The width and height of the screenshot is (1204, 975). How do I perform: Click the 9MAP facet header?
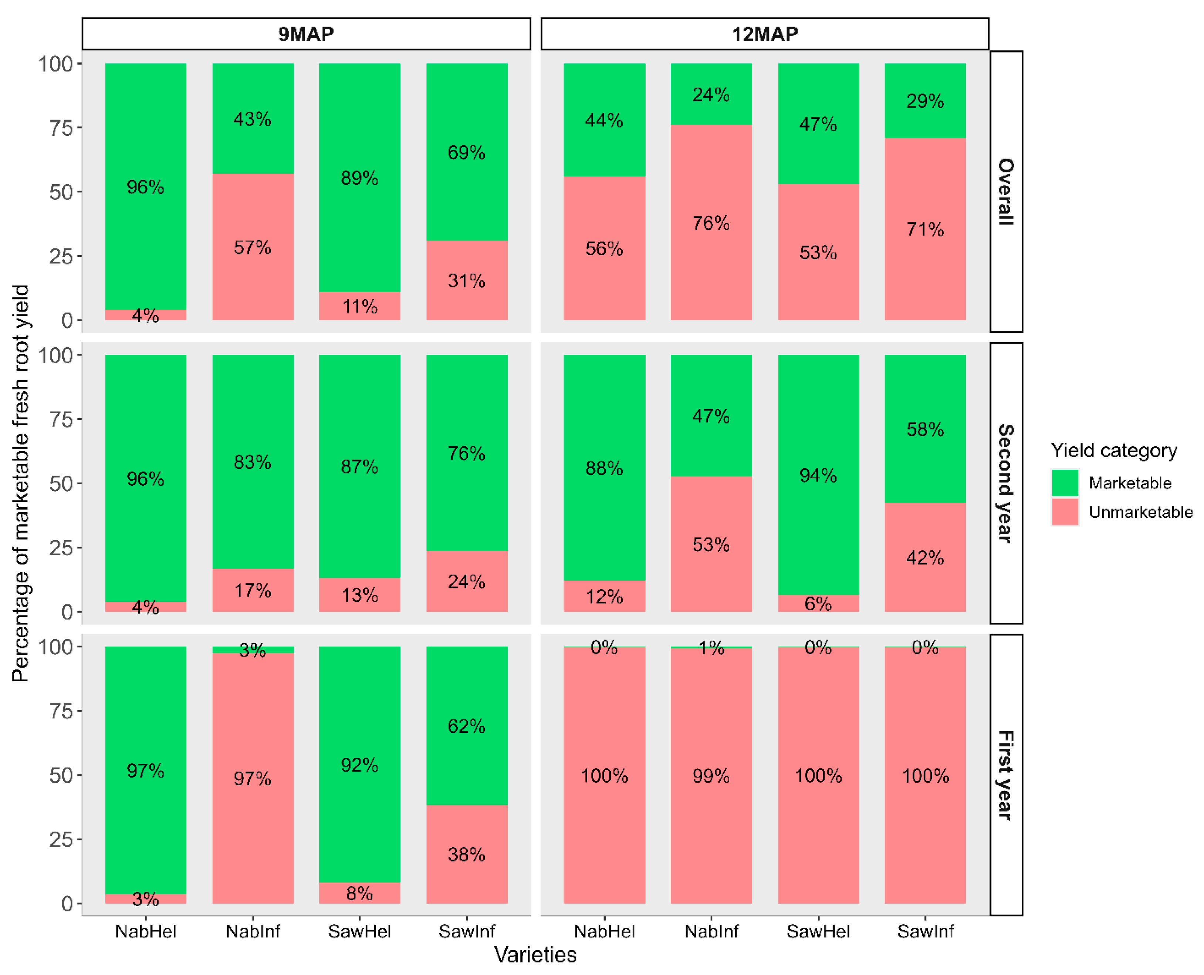click(306, 34)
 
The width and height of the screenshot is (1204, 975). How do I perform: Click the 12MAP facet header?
click(764, 34)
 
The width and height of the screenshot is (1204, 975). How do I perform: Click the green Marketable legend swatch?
click(1065, 482)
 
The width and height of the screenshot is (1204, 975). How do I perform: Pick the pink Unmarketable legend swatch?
click(1065, 512)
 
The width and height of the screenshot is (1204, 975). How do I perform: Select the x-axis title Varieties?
click(535, 954)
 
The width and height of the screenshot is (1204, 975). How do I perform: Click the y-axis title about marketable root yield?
click(20, 483)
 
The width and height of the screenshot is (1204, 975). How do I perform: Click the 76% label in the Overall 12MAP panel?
click(711, 223)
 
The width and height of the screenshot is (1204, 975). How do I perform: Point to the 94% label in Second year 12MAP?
click(818, 476)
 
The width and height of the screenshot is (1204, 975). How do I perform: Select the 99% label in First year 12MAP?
click(711, 776)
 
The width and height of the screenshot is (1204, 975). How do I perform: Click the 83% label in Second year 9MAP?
click(253, 462)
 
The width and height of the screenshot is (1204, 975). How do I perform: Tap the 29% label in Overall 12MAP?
click(925, 101)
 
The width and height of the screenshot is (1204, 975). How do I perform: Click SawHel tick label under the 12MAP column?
click(818, 931)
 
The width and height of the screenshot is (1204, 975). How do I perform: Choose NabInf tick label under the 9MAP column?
click(253, 931)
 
